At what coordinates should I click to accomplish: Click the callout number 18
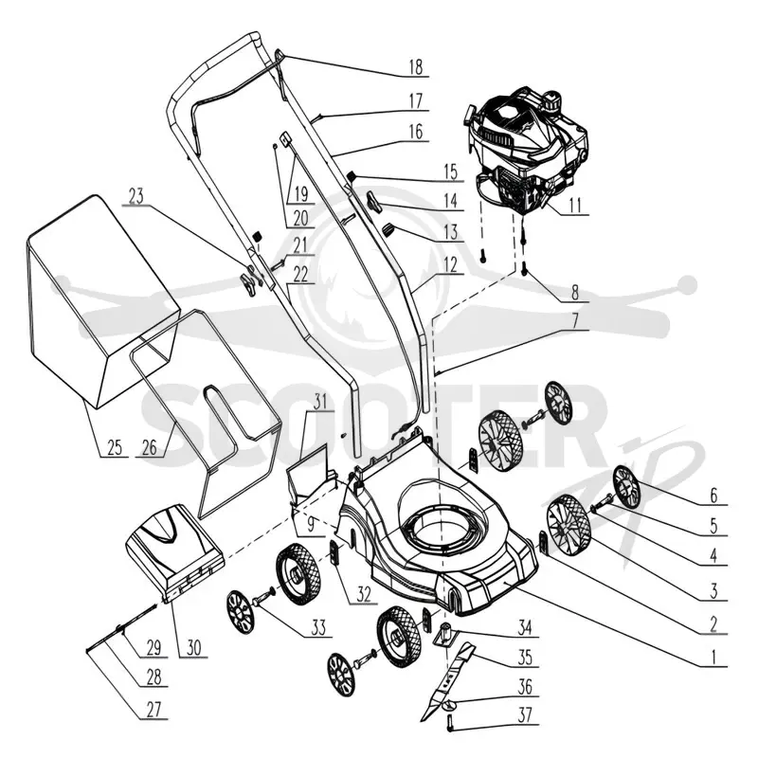[415, 67]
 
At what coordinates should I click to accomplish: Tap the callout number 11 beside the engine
[575, 206]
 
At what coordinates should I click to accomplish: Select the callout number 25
[115, 447]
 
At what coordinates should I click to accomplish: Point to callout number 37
[525, 715]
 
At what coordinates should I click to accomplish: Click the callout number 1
[713, 658]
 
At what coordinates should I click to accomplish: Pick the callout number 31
[320, 402]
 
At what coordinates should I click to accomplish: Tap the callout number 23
[135, 197]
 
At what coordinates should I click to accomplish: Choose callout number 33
[318, 628]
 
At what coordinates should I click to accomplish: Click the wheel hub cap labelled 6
[626, 487]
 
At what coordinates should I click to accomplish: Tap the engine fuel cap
[551, 100]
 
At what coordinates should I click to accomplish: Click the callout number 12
[450, 265]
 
